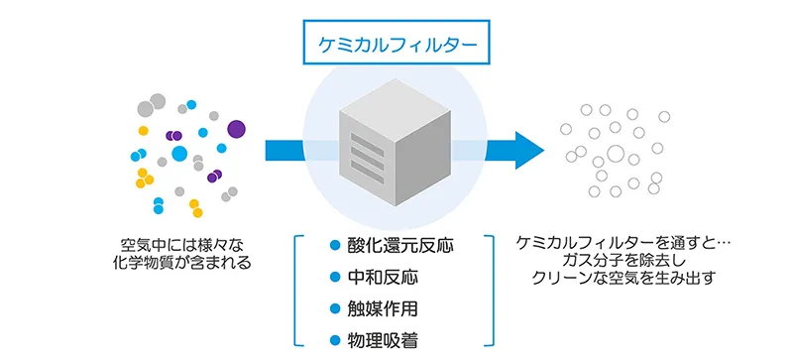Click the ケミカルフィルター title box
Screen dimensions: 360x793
tap(396, 47)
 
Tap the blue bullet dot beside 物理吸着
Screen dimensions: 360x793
tap(335, 340)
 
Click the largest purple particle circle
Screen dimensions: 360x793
tap(236, 128)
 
